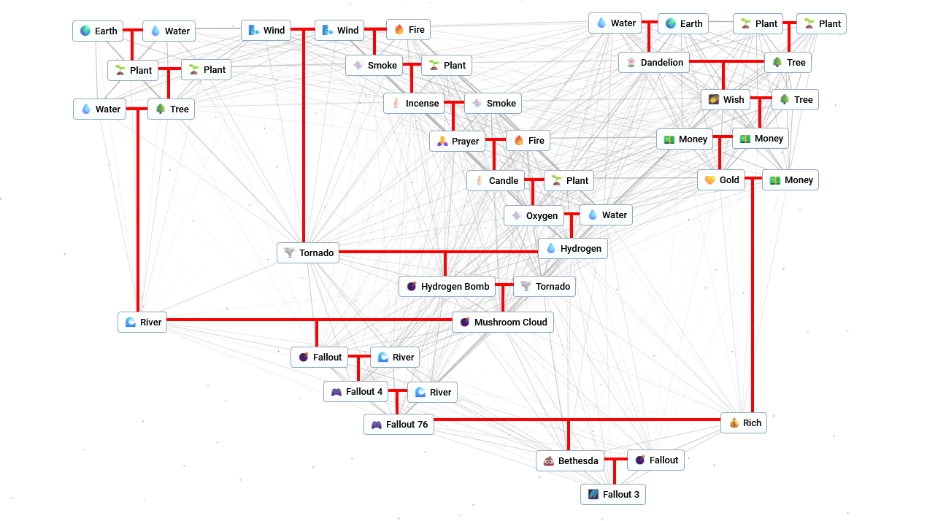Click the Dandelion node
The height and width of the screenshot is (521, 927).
point(654,63)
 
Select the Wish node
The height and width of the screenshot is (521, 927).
point(725,100)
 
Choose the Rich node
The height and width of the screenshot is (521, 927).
point(744,423)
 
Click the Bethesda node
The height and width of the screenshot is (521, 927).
point(570,461)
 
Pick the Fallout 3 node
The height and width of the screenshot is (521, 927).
point(613,495)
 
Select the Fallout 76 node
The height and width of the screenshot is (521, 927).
point(399,425)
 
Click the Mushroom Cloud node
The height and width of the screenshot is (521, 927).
point(502,323)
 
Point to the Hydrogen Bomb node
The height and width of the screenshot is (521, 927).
point(447,287)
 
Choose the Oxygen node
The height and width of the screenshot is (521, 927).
point(534,216)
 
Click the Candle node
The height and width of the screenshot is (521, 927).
point(496,181)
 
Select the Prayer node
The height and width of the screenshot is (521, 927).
point(457,142)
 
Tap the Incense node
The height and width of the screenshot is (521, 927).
point(414,104)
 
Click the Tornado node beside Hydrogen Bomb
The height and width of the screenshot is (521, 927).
point(545,287)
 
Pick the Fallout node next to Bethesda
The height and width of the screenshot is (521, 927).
point(655,460)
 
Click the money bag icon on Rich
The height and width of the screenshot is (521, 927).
point(734,423)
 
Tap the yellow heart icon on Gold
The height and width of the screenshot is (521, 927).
point(709,180)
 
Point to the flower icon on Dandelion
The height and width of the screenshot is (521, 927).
point(631,63)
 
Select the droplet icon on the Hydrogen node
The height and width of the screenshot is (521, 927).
point(551,249)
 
